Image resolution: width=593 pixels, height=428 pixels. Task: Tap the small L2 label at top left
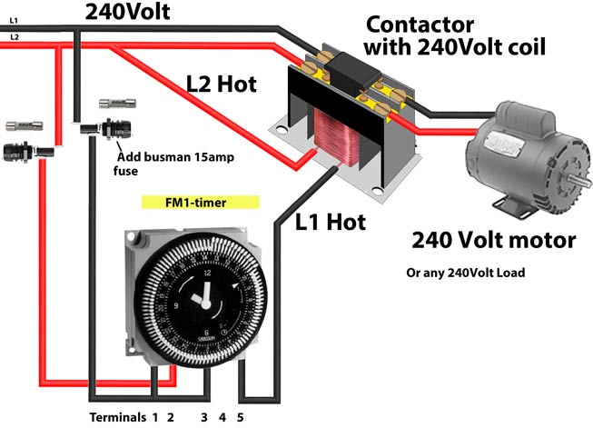(14, 36)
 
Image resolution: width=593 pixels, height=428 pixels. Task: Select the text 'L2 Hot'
(221, 85)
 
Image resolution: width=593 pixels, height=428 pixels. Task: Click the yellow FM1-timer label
(201, 202)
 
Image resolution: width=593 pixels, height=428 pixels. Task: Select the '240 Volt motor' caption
(493, 241)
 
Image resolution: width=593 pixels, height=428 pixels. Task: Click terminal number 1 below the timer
(155, 417)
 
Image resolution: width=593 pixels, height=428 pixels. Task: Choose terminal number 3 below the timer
(204, 417)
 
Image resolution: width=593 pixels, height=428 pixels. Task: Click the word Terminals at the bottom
(117, 417)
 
